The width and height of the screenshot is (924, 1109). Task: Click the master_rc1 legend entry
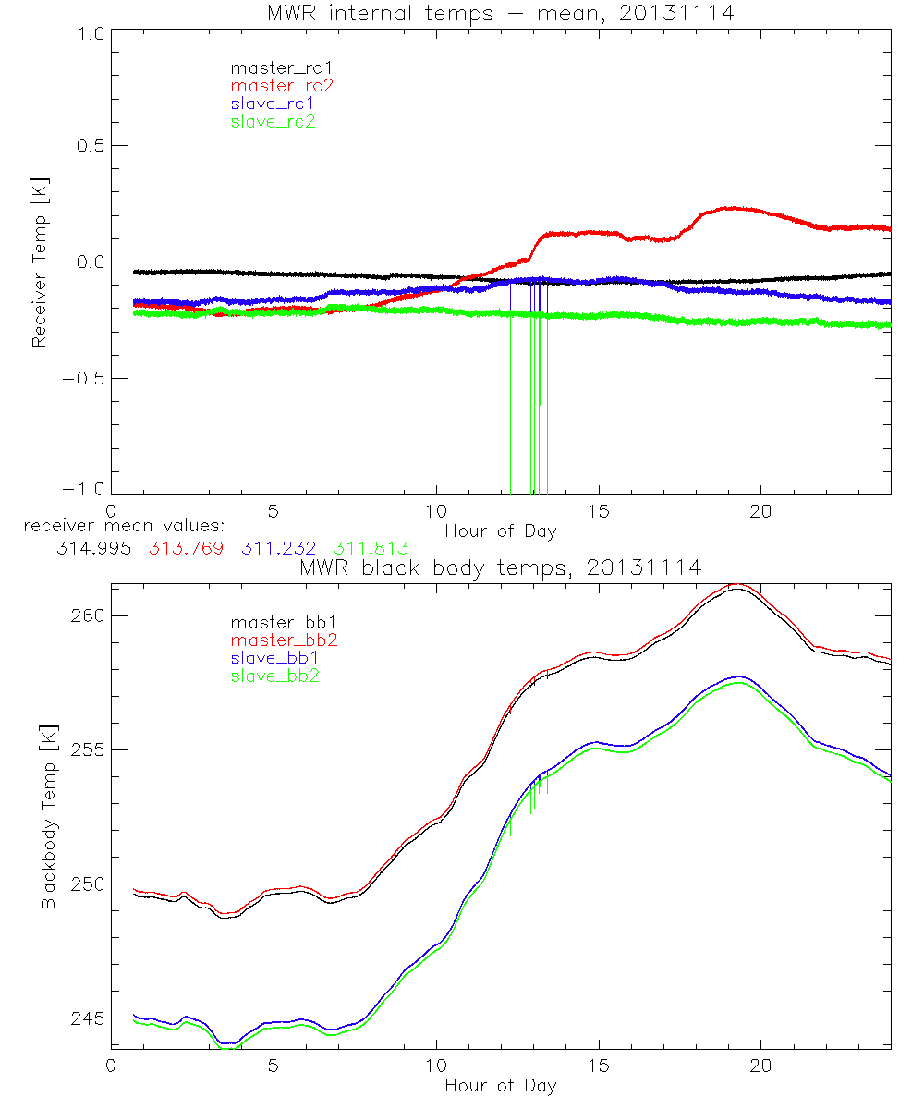click(274, 67)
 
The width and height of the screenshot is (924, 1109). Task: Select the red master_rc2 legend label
click(282, 85)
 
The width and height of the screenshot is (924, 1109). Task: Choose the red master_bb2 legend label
click(282, 640)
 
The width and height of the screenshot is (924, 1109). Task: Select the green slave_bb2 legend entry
click(274, 676)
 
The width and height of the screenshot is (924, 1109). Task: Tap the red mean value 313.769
click(186, 548)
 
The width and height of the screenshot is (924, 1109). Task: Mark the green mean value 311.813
click(372, 548)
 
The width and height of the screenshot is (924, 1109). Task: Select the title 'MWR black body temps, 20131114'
click(501, 567)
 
